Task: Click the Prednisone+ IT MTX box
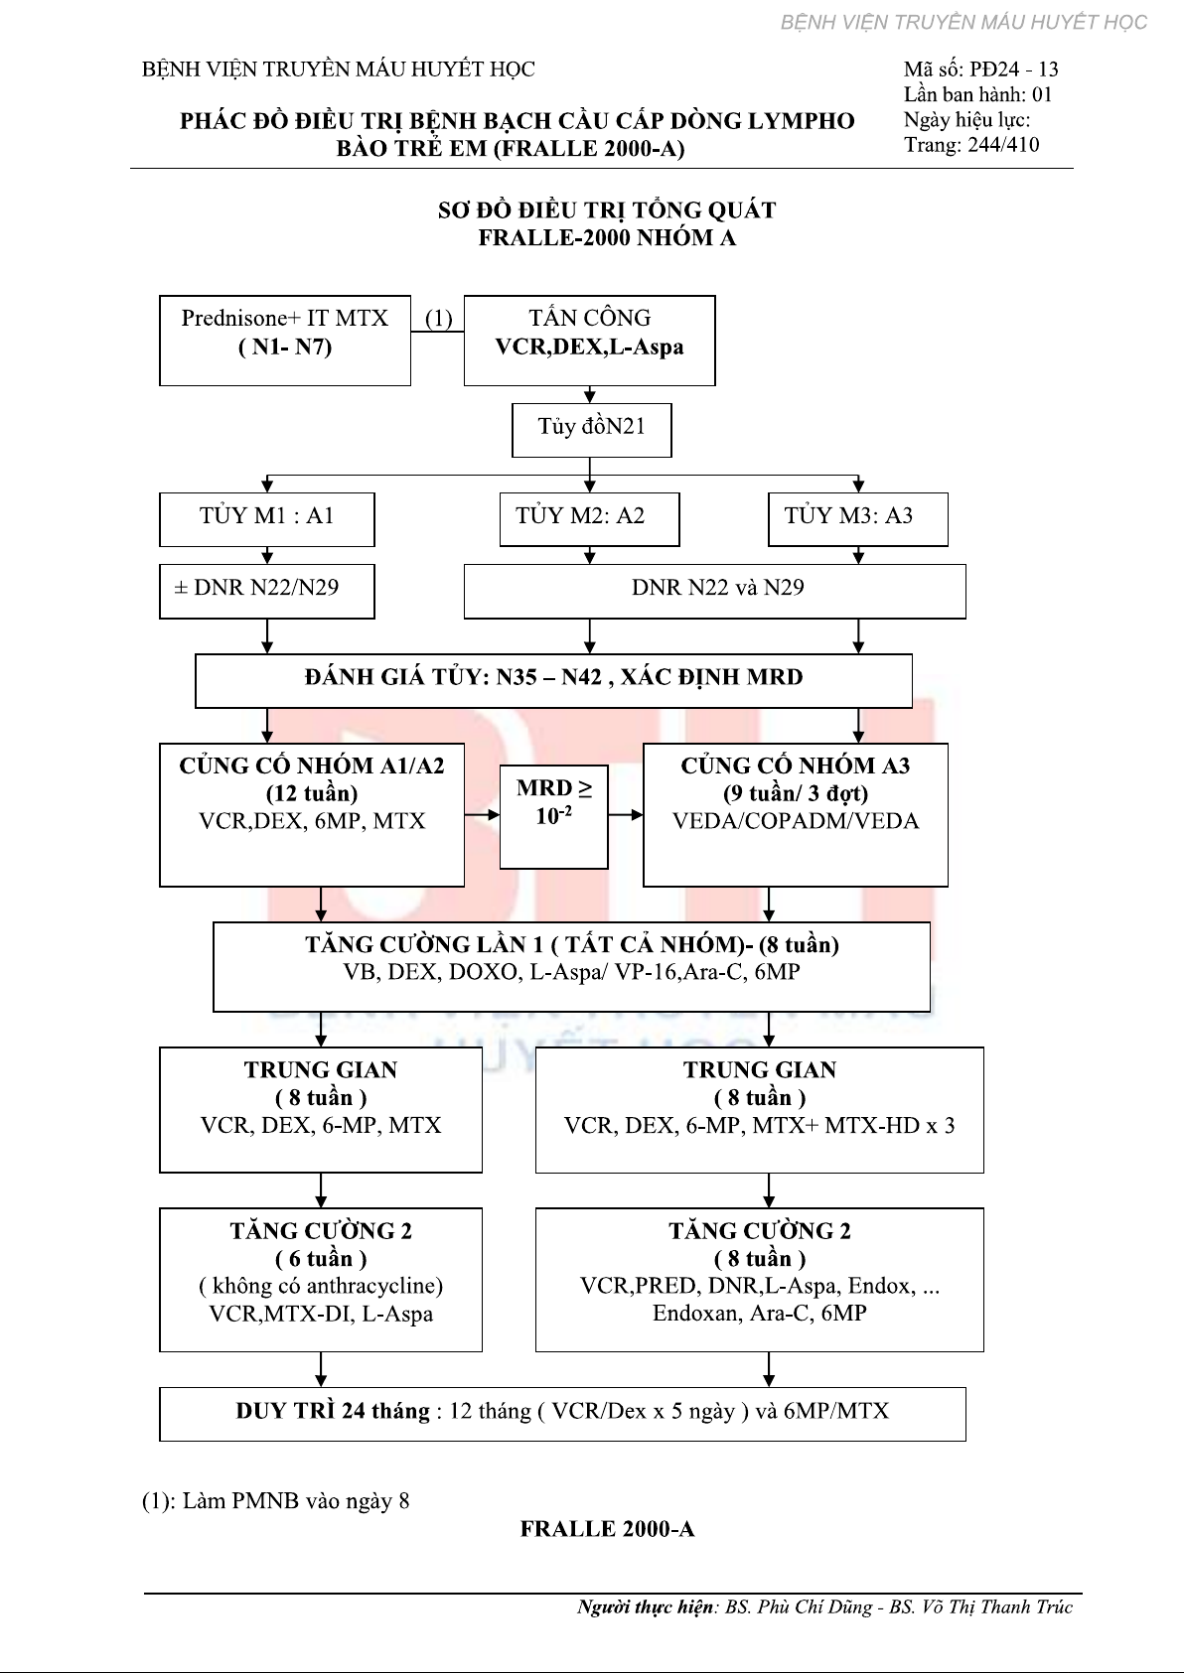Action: click(285, 341)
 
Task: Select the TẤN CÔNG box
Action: click(589, 341)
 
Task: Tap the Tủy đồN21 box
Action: click(592, 430)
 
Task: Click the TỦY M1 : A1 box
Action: click(266, 519)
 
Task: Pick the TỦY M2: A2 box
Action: click(589, 519)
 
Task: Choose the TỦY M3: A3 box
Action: click(858, 519)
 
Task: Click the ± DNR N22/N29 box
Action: click(266, 592)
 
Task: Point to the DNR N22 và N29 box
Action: click(715, 592)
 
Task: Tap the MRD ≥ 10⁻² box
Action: click(553, 816)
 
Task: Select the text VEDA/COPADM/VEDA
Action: click(796, 821)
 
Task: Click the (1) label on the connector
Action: click(438, 319)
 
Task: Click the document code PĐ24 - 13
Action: click(1014, 70)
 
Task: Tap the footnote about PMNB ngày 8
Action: click(276, 1500)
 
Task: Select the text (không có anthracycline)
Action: click(321, 1286)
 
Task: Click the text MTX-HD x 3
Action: click(890, 1125)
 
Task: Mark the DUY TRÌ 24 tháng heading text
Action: click(333, 1410)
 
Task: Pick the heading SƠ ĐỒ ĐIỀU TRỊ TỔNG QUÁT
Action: click(607, 209)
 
